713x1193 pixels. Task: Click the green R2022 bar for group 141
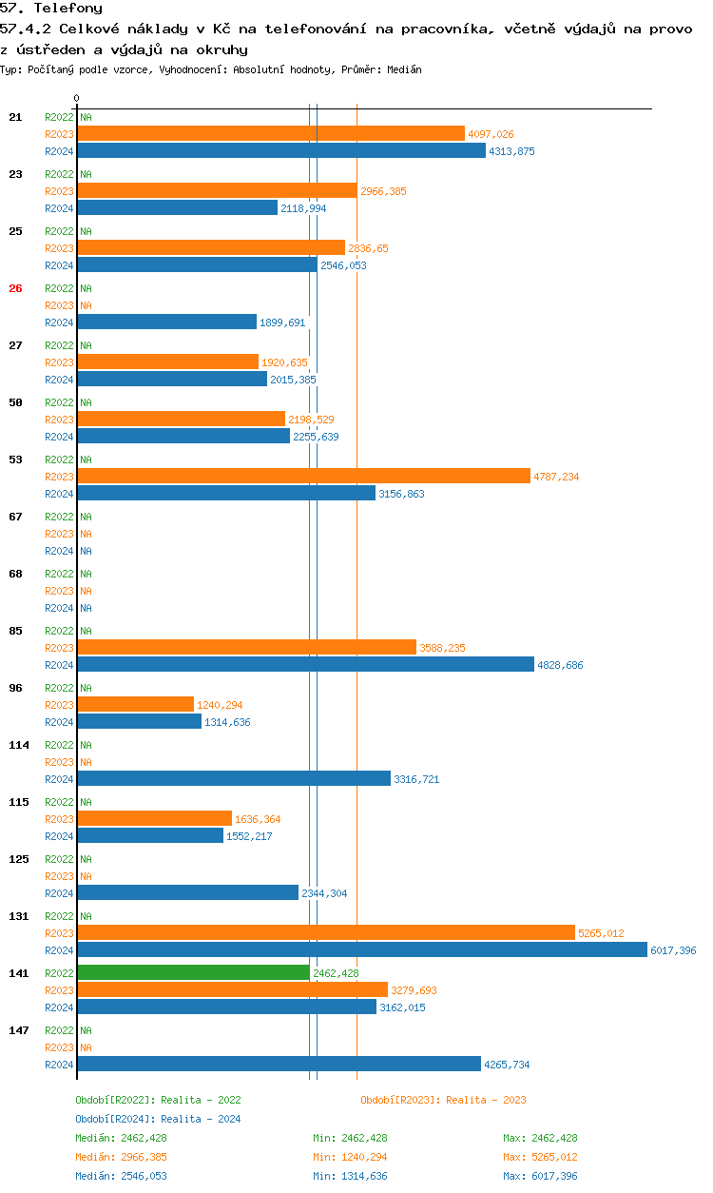coord(194,972)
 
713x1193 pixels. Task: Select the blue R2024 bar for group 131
coord(362,949)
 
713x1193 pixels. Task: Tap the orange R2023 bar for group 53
coord(303,476)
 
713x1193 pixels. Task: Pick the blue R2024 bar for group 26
coord(167,323)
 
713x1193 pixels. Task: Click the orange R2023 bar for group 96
coord(136,704)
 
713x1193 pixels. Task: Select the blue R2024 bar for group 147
coord(279,1064)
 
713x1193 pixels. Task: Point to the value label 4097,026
coord(491,134)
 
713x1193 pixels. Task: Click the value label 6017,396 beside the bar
coord(673,950)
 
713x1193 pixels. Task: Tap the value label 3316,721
coord(416,779)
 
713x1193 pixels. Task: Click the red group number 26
coord(15,288)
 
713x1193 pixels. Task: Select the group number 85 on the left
coord(15,631)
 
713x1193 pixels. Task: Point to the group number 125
coord(19,859)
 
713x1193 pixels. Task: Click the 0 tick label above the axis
coord(77,98)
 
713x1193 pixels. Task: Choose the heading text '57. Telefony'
coord(51,9)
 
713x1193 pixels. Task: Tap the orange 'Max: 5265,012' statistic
coord(540,1157)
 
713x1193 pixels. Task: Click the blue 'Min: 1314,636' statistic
coord(350,1176)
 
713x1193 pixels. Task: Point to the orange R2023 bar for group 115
coord(155,818)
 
